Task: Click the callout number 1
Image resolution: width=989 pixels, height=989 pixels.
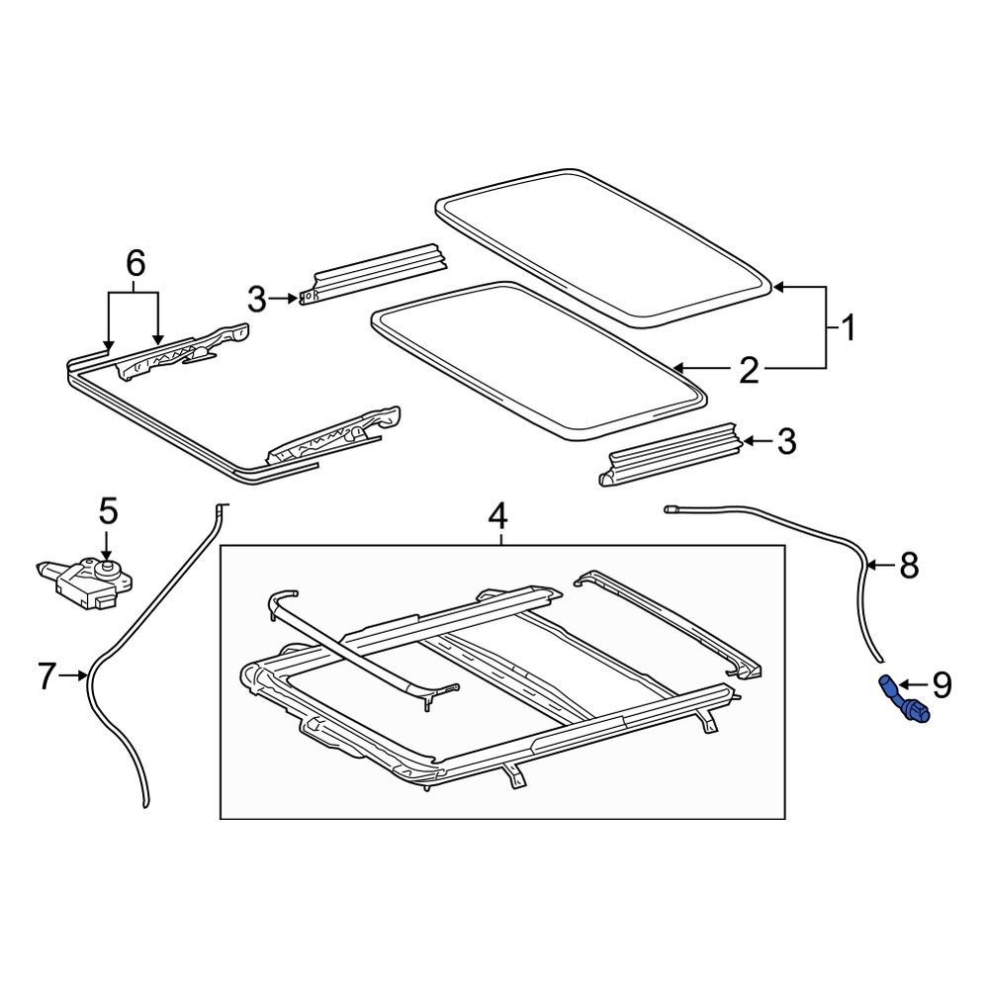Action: click(x=847, y=326)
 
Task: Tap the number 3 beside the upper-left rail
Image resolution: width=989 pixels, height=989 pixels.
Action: click(x=256, y=297)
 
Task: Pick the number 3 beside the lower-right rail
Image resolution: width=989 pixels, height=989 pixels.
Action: click(x=787, y=441)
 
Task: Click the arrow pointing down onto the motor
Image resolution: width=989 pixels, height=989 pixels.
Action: click(x=107, y=547)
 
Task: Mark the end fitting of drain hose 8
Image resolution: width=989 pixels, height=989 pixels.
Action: click(x=671, y=509)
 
